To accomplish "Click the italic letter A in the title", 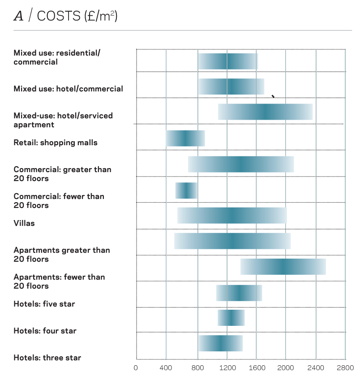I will coord(18,17).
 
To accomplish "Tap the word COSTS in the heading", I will coord(58,17).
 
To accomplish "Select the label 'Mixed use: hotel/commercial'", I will coord(68,89).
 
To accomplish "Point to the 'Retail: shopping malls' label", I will coord(56,143).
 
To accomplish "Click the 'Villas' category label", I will coord(24,223).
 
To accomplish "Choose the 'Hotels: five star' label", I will coord(44,304).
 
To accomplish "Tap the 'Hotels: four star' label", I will coord(45,331).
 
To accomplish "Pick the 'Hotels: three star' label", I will coord(47,358).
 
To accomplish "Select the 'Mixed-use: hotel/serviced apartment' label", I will coord(63,120).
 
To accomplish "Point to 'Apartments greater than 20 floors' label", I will coord(62,255).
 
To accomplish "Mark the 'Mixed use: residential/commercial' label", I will coord(57,57).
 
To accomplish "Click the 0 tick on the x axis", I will coord(136,368).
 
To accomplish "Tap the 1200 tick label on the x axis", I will coord(227,368).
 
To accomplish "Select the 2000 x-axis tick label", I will coord(286,368).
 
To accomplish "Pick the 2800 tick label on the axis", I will coord(346,368).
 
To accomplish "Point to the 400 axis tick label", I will coord(166,368).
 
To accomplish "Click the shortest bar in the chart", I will coord(186,190).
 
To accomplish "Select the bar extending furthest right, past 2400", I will coord(283,267).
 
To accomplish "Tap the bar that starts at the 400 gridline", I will coord(185,138).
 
